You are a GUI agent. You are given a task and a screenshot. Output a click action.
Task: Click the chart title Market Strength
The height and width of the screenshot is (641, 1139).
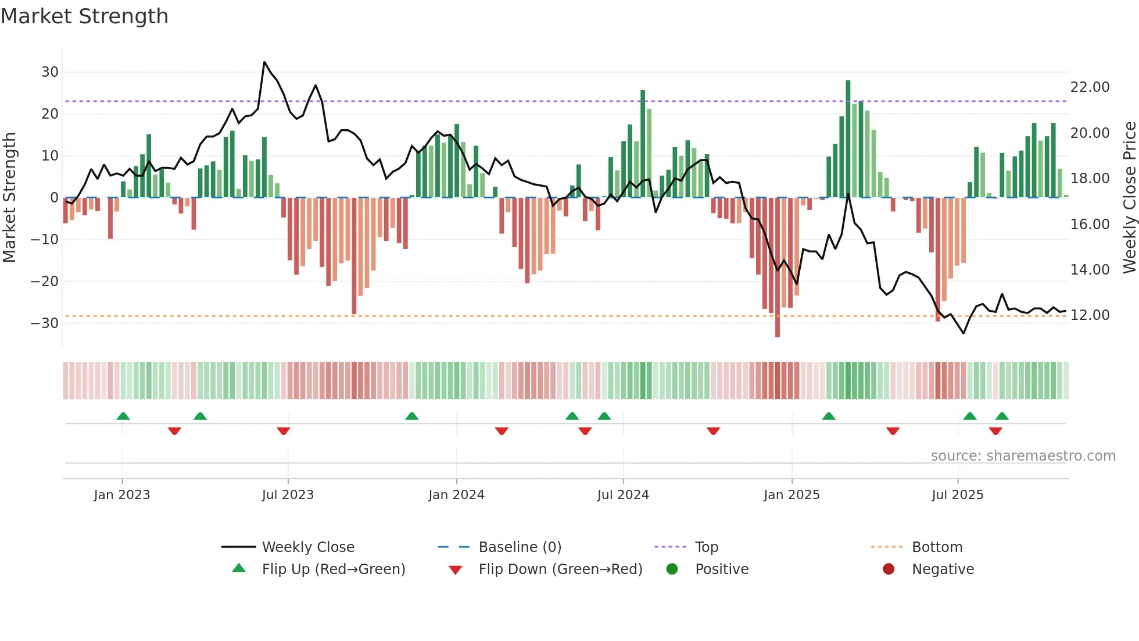click(84, 16)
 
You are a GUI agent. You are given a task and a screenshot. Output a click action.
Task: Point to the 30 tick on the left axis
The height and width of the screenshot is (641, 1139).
click(50, 72)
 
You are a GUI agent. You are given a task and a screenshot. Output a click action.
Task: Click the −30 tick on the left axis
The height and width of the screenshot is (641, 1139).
click(45, 323)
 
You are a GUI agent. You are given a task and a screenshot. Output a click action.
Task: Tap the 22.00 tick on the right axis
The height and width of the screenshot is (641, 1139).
click(1090, 87)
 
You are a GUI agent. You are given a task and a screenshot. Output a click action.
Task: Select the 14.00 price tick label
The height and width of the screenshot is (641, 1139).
click(1090, 270)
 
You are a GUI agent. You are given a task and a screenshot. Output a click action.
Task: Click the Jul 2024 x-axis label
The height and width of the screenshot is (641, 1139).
click(622, 495)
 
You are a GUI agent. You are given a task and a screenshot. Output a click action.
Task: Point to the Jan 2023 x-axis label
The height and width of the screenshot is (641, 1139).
click(121, 495)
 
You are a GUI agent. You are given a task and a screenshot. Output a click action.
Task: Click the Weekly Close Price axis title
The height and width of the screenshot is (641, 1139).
click(1129, 198)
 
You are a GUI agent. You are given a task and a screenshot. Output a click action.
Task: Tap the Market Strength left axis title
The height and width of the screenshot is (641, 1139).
click(9, 198)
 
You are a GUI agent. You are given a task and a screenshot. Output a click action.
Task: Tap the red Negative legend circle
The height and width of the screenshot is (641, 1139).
click(888, 569)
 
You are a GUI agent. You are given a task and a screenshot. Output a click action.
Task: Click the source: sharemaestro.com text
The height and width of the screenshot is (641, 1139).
click(1023, 456)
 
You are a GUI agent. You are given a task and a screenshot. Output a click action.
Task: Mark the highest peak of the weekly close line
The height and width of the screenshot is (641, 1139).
click(264, 62)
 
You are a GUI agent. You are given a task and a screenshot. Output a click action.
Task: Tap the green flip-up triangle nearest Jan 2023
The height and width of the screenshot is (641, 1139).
click(123, 416)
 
